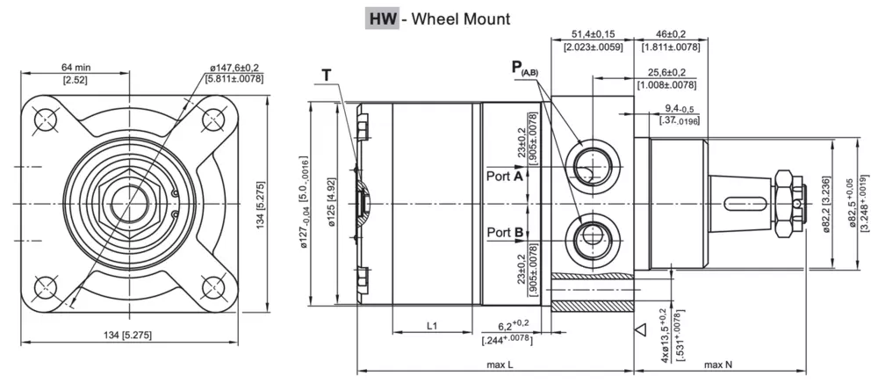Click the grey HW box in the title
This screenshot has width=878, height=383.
tap(380, 18)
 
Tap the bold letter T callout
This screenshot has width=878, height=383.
tap(327, 76)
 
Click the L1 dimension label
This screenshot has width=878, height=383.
tap(433, 326)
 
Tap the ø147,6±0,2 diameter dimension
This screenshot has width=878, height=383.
tap(234, 67)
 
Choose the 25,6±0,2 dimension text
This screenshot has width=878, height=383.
tap(667, 72)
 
